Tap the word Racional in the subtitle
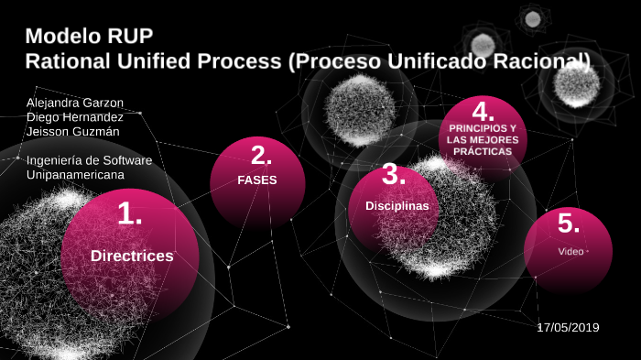click(542, 60)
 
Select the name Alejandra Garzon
click(75, 103)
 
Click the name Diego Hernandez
click(75, 116)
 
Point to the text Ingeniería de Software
click(89, 160)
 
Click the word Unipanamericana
click(75, 174)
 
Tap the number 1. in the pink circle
click(130, 214)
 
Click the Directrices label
click(132, 256)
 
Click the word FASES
click(257, 180)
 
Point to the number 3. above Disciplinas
click(394, 174)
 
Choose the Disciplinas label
click(397, 206)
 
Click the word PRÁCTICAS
click(482, 150)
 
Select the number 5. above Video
click(569, 223)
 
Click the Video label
click(570, 251)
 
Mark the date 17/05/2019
click(568, 326)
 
